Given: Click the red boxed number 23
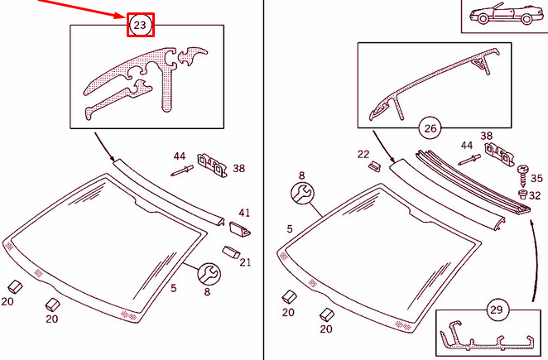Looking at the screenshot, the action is coord(139,26).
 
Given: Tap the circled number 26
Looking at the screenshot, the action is coord(430,128).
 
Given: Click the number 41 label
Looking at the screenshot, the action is coord(244,213).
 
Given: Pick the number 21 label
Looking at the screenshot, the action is coord(245,262).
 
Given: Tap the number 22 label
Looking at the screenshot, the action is coord(363,154).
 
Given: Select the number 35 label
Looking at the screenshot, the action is coord(536,178).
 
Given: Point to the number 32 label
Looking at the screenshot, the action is coord(536,196).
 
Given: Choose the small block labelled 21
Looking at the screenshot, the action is coord(232,252).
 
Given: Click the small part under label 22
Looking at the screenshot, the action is coord(373,166).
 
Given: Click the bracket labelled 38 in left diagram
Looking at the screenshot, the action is coord(212,166).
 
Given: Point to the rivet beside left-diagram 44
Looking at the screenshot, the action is coord(181,171).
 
